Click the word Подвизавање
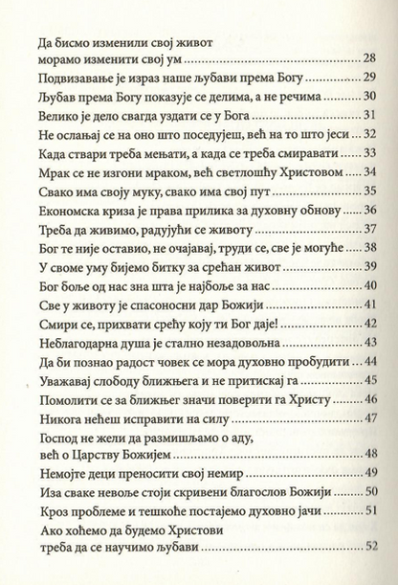click(63, 78)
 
